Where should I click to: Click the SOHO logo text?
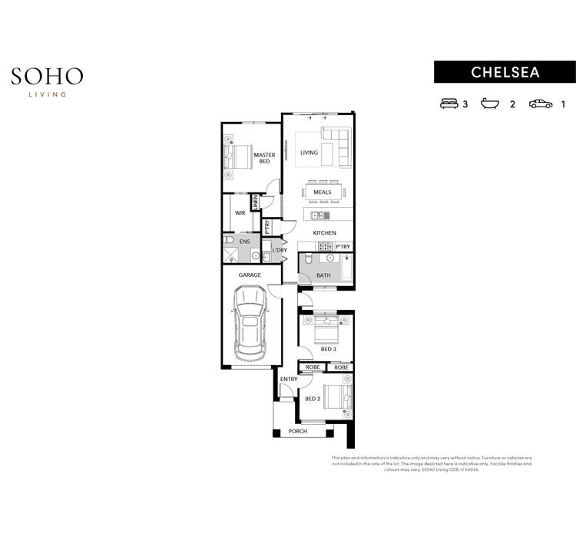(47, 76)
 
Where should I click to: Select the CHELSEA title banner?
(505, 72)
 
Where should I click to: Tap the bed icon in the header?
(449, 104)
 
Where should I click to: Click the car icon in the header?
(541, 104)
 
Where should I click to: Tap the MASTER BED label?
(264, 158)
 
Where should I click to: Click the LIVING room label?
(309, 153)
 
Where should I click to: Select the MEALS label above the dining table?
(322, 192)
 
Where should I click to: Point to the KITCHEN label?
(324, 233)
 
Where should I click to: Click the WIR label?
(240, 213)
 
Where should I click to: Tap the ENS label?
(244, 242)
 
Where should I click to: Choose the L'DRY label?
(280, 250)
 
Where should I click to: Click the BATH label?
(323, 275)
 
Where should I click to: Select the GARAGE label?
(250, 275)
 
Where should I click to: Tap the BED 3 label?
(328, 349)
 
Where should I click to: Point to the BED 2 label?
(312, 399)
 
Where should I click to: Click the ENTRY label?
(289, 380)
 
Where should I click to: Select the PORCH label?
(297, 432)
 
